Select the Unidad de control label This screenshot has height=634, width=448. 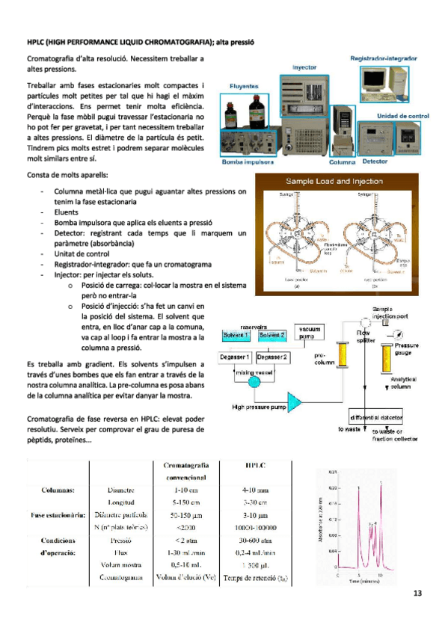pos(402,116)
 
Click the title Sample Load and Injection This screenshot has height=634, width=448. pos(334,182)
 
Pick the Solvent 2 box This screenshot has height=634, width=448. pos(273,336)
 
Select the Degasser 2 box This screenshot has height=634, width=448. pos(274,357)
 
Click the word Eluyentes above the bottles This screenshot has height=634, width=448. pos(244,86)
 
